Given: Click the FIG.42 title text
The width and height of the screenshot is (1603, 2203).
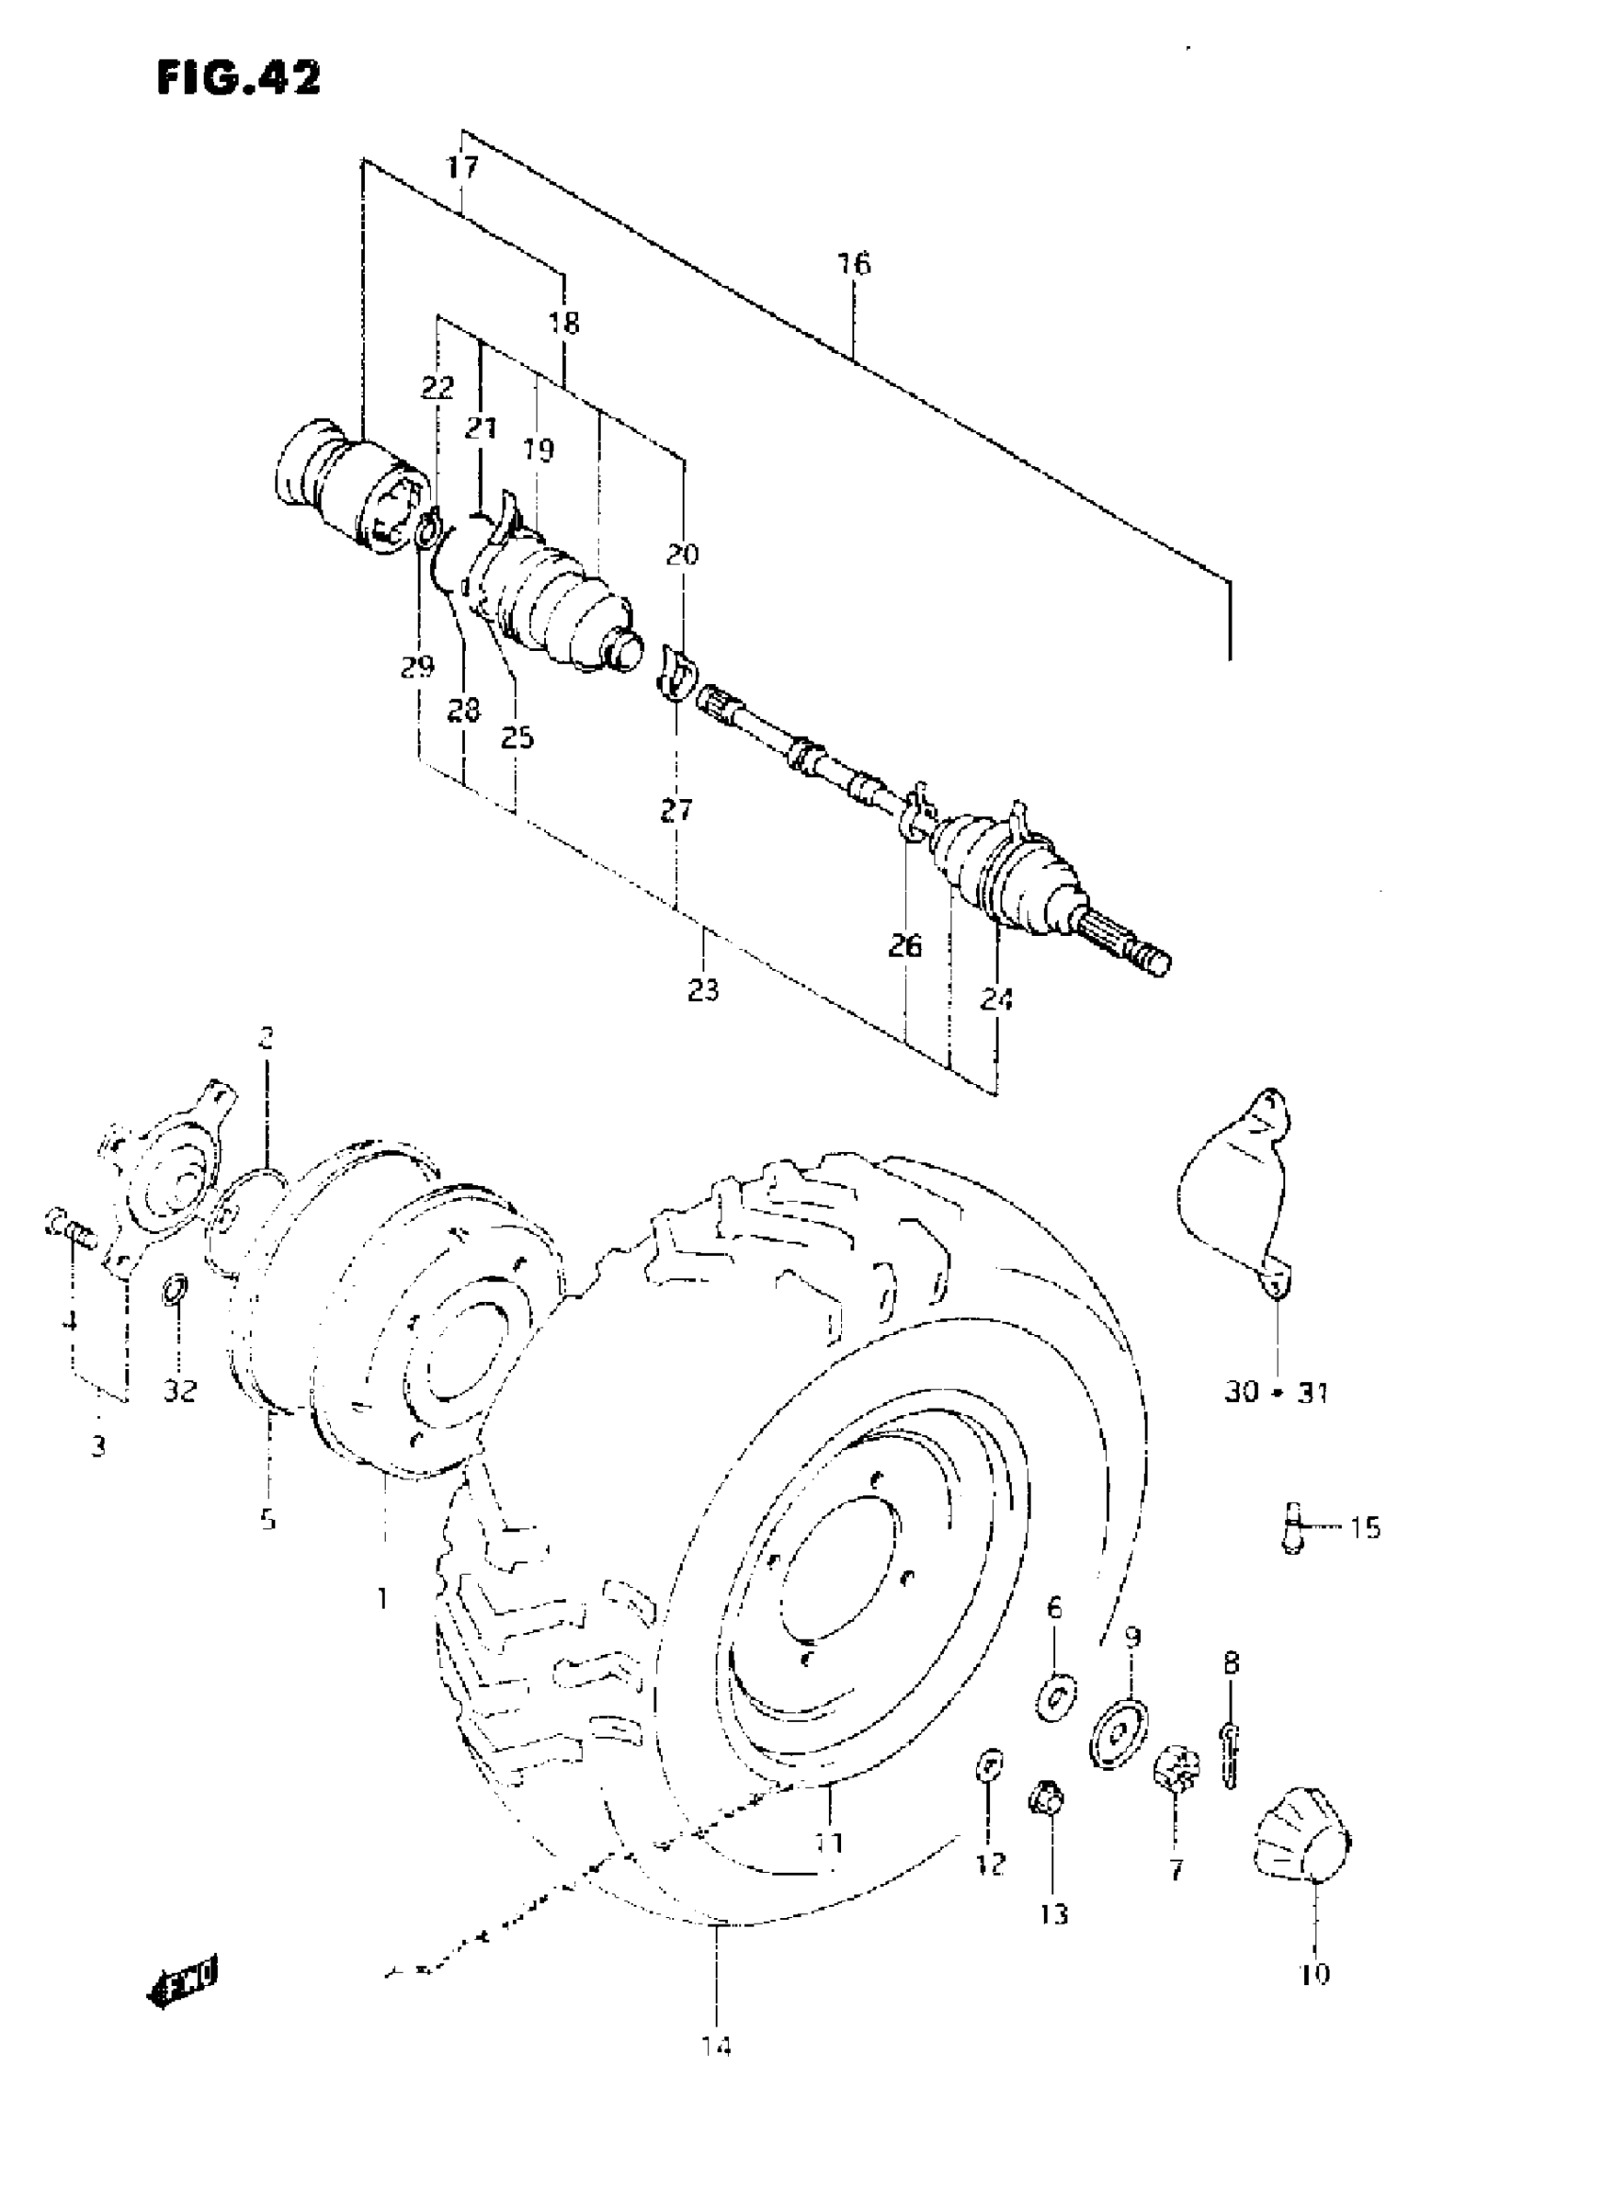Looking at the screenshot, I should point(238,77).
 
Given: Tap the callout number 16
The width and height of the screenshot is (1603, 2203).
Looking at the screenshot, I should point(854,264).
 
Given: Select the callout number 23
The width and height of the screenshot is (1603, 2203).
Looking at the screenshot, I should point(704,991).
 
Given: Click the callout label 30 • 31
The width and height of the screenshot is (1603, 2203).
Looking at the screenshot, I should point(1276,1393).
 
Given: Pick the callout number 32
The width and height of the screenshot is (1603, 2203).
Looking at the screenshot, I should point(179,1391).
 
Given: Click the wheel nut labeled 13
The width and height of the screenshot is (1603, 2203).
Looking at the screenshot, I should point(1045,1803).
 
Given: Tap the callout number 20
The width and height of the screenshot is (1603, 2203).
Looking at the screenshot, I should point(683,555).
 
